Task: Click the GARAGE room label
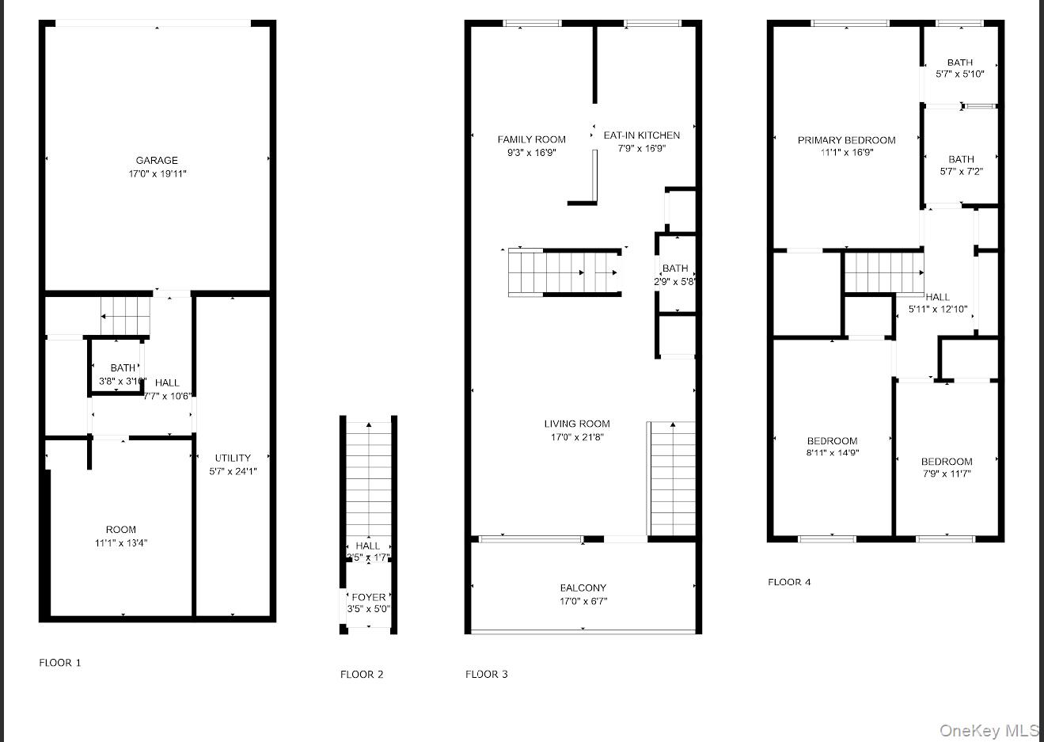tap(157, 160)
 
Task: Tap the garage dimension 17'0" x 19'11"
tap(157, 173)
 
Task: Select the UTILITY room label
tap(233, 458)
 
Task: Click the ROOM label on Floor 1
tap(121, 530)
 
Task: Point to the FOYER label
tap(369, 597)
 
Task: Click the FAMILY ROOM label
tap(531, 139)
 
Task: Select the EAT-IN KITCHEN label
tap(641, 135)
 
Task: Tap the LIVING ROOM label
tap(577, 424)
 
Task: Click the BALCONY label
tap(583, 588)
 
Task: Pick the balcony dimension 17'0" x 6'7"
tap(583, 601)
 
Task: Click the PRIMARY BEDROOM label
tap(846, 140)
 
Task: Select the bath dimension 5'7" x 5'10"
tap(960, 74)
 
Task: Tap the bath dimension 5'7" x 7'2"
tap(961, 171)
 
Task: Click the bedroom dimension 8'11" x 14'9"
tap(833, 453)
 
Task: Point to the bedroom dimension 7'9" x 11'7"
tap(947, 474)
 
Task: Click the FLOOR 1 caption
tap(60, 663)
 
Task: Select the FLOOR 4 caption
tap(789, 582)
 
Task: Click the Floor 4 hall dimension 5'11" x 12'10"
tap(937, 310)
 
